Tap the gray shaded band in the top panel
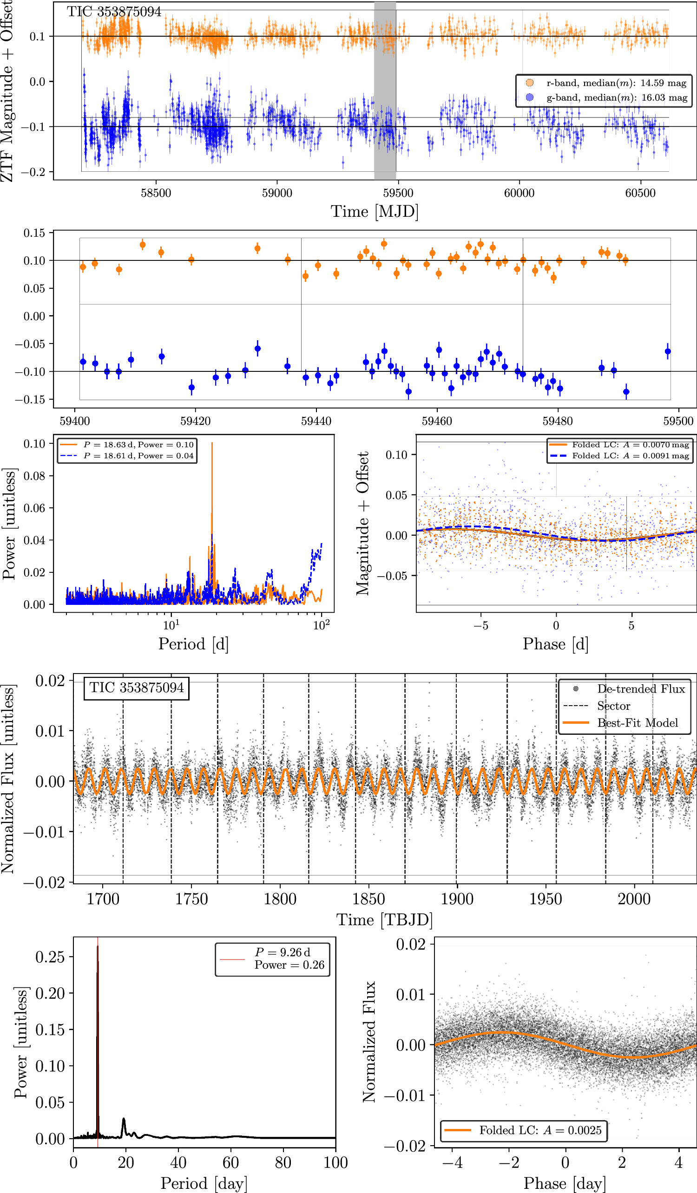tap(385, 90)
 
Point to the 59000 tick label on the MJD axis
tap(277, 193)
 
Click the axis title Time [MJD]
tap(375, 212)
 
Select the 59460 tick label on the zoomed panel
tap(437, 421)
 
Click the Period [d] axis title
tap(193, 644)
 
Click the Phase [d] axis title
tap(555, 644)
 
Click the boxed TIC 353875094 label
tap(137, 688)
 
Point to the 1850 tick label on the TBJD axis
tap(368, 899)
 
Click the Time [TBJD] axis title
tap(384, 920)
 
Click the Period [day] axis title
tap(204, 1184)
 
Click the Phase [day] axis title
tap(564, 1184)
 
